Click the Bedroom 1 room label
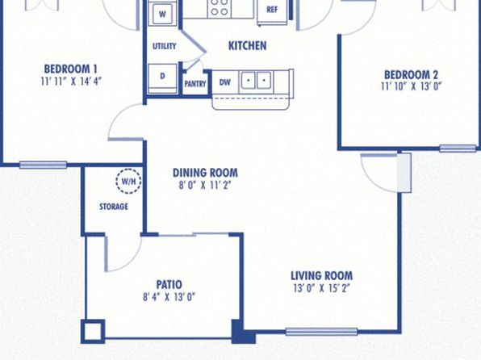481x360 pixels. coord(70,69)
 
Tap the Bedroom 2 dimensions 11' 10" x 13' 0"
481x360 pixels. coord(411,86)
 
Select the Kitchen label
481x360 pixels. coord(247,46)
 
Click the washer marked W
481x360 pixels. coord(162,14)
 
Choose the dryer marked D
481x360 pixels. coord(162,77)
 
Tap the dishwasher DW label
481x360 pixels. coord(225,82)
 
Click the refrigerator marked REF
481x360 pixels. coord(272,10)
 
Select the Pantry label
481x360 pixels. coord(195,84)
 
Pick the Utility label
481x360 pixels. coord(165,46)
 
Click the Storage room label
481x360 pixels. coord(114,207)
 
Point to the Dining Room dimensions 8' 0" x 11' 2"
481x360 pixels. coord(205,186)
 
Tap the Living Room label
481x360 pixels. coord(321,275)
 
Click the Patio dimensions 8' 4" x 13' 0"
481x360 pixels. coord(169,297)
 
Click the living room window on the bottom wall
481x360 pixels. coord(321,332)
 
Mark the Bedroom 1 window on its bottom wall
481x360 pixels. coord(44,165)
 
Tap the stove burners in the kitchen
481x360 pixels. coord(220,7)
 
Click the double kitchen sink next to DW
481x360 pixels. coord(256,81)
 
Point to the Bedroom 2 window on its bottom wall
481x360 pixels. coord(458,149)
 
